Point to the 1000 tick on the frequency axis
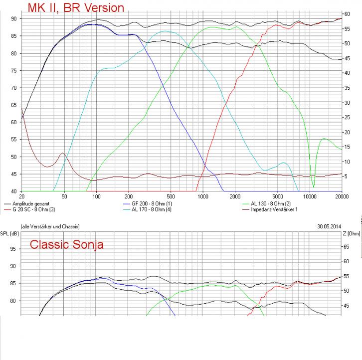point(203,196)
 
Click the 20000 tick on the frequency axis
point(342,196)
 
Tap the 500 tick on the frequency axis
point(171,196)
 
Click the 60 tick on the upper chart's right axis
point(348,13)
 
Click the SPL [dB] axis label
point(8,233)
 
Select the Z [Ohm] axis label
point(352,233)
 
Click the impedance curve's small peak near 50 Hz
point(62,154)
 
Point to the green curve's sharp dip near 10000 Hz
point(313,186)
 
